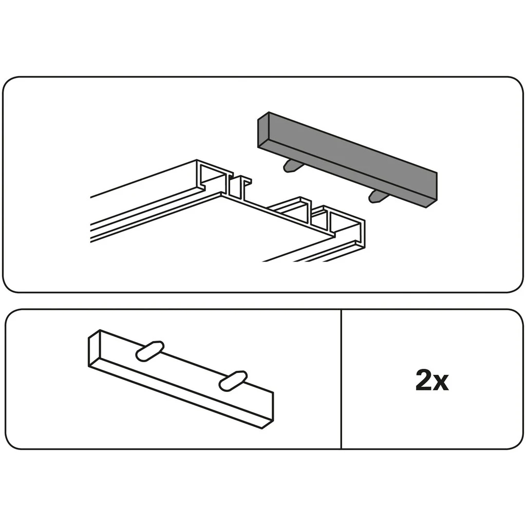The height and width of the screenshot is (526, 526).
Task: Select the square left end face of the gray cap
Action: (x=263, y=130)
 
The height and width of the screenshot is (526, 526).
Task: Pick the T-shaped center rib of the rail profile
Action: (x=240, y=188)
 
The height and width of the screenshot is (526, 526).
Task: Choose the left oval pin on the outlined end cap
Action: (x=149, y=351)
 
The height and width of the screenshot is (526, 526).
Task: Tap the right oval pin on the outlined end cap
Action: (x=233, y=381)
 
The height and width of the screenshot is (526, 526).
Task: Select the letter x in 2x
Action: (x=441, y=383)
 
